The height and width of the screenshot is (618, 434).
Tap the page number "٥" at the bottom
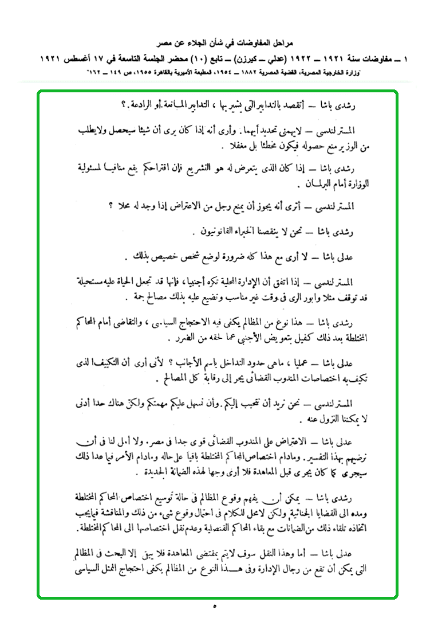click(214, 606)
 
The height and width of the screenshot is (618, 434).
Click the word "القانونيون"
click(227, 232)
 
